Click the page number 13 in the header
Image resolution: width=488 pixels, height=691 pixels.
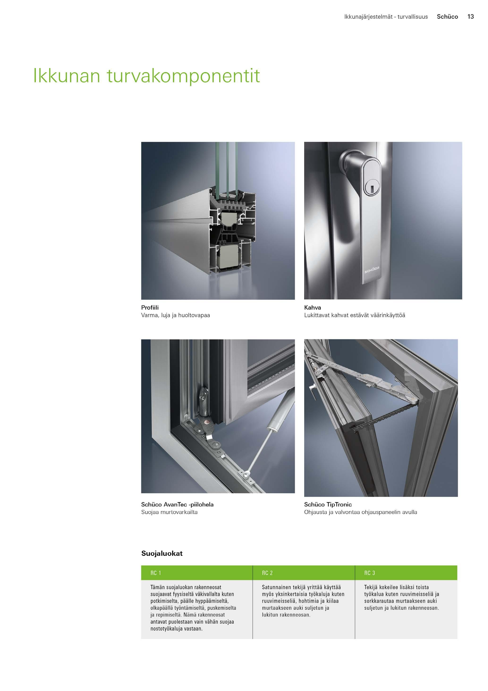click(x=471, y=17)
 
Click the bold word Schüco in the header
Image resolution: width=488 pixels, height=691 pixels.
click(x=447, y=17)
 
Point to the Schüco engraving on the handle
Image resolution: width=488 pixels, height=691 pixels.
click(x=372, y=270)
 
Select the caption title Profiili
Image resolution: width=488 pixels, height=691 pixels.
click(x=150, y=308)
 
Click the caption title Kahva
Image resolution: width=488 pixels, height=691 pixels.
click(x=312, y=308)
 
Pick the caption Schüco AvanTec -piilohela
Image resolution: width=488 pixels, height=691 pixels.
click(x=177, y=504)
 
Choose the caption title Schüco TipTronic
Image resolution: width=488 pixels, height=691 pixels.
click(x=328, y=504)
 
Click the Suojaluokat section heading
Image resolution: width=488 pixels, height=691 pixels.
click(x=162, y=553)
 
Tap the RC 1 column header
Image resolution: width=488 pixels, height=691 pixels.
click(x=156, y=573)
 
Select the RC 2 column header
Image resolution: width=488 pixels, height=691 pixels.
click(x=267, y=573)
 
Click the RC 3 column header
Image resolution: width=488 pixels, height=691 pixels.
click(x=369, y=573)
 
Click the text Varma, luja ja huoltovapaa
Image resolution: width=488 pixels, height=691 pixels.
click(x=176, y=315)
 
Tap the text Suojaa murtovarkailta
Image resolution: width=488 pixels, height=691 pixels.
click(x=169, y=512)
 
